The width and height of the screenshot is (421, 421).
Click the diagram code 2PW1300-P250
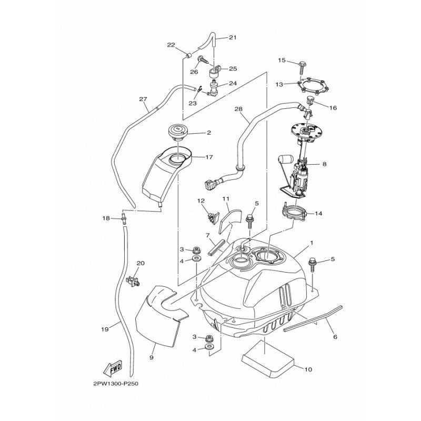[116, 384]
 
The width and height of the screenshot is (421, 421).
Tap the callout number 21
[233, 37]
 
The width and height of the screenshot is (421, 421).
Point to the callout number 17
[209, 157]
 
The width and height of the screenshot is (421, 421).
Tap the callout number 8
[324, 164]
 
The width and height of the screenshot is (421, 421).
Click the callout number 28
[238, 109]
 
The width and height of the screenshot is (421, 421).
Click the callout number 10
[308, 369]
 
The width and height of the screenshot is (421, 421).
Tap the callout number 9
[152, 358]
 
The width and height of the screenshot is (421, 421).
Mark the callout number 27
[143, 99]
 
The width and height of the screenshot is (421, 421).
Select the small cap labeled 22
[188, 56]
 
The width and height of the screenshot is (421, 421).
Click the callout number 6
[335, 337]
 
